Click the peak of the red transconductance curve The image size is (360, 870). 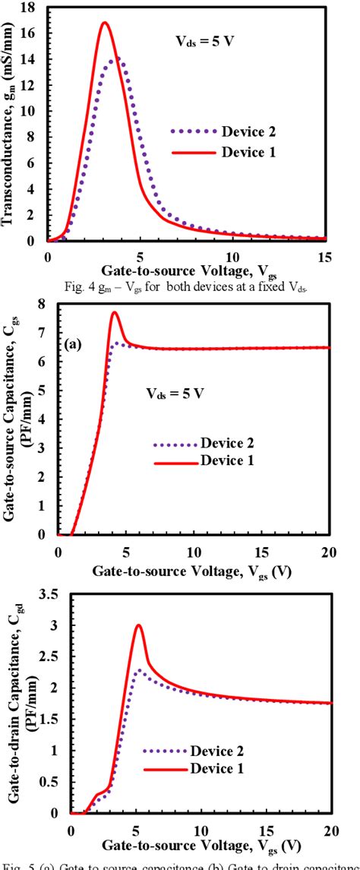[105, 23]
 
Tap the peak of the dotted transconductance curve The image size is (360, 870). [115, 59]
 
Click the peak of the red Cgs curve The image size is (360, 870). [115, 312]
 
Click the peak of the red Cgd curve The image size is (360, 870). [138, 625]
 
